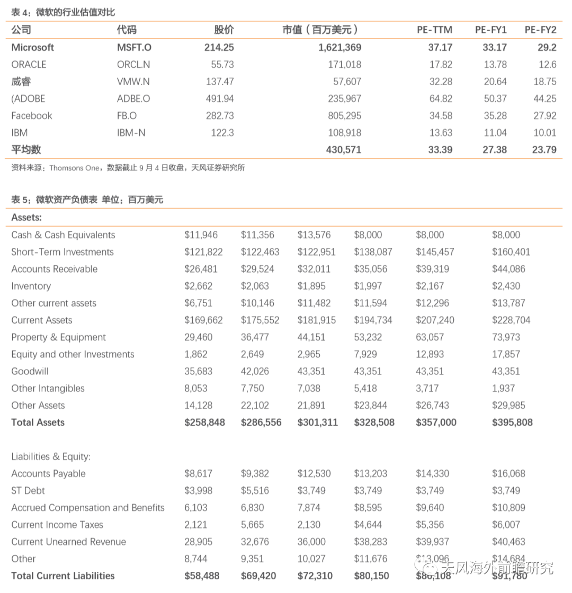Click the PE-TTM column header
[434, 30]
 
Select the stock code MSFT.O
[134, 48]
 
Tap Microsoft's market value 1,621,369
[339, 48]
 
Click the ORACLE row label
[29, 65]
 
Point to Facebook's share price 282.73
[219, 116]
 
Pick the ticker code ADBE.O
[133, 99]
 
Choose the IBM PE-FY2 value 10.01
[544, 133]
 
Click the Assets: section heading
[26, 218]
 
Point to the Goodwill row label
[30, 372]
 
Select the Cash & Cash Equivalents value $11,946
[201, 235]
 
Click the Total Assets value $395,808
[512, 423]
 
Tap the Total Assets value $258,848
[204, 423]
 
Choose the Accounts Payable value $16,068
[508, 474]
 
